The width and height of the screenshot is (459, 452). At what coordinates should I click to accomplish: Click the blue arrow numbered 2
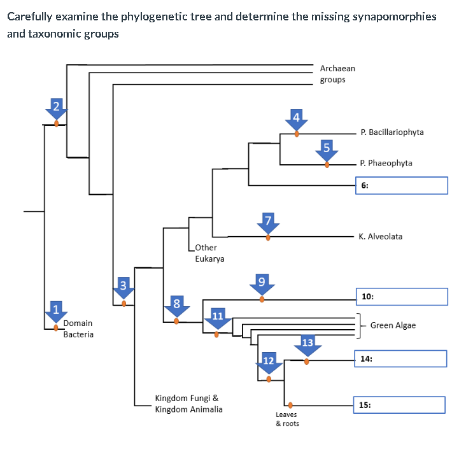[57, 108]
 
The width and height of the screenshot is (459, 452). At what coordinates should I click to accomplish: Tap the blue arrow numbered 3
[124, 288]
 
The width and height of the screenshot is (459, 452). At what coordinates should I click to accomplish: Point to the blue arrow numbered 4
[296, 119]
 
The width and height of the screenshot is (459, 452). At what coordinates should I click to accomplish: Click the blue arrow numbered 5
[327, 150]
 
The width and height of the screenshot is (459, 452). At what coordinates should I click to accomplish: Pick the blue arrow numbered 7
[268, 223]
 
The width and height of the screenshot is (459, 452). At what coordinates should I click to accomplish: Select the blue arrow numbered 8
[176, 306]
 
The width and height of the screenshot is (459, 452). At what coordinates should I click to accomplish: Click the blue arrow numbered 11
[217, 319]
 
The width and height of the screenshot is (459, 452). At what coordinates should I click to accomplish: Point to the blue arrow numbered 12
[269, 364]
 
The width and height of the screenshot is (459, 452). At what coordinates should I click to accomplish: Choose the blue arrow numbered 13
[307, 346]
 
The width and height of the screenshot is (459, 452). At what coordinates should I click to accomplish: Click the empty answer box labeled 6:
[401, 185]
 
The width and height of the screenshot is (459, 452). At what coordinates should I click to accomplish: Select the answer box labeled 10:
[401, 297]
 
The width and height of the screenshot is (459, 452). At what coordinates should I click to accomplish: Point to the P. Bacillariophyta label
[392, 132]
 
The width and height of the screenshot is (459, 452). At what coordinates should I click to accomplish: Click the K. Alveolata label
[380, 236]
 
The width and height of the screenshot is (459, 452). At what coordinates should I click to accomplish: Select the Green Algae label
[393, 325]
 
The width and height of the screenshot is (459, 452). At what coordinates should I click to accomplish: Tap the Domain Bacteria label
[78, 328]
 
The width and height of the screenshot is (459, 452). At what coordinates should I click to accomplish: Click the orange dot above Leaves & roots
[290, 404]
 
